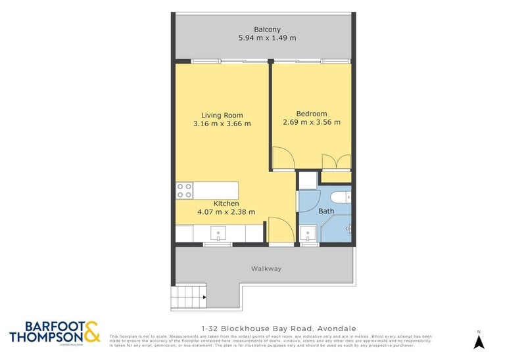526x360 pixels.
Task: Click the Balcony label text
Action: (266, 29)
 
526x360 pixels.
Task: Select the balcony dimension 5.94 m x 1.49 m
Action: (266, 38)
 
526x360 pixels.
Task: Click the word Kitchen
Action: (226, 203)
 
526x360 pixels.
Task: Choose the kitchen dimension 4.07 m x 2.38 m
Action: (226, 212)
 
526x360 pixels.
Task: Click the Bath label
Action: (326, 211)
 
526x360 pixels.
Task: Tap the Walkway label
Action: (266, 269)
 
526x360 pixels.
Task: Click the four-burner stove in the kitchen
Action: (184, 191)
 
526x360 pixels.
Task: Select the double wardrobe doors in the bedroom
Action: (336, 161)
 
